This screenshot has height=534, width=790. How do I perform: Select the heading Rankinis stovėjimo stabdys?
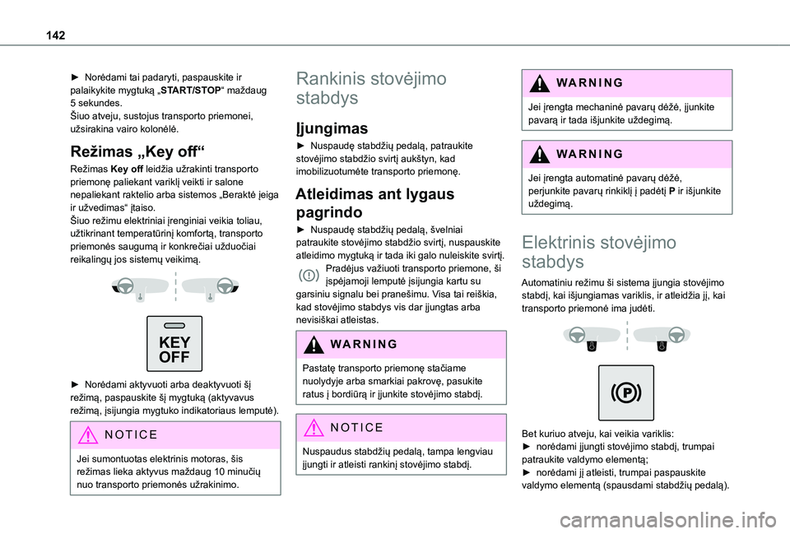372,88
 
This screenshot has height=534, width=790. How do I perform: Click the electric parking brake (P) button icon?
625,393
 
